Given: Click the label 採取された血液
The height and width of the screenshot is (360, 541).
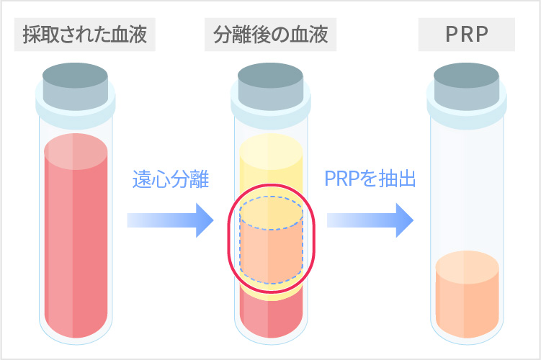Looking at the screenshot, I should [x=84, y=34].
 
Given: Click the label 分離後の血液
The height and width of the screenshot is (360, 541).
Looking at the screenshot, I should [x=269, y=34].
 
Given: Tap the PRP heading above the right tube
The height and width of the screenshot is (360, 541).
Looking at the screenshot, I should [x=467, y=34].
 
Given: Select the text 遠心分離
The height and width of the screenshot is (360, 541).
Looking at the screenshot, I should [x=171, y=179].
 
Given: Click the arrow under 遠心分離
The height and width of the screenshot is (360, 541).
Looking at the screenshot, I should [x=171, y=220].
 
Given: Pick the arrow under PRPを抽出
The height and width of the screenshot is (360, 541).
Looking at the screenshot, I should [x=369, y=220].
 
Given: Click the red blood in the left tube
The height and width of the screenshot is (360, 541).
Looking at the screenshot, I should [x=76, y=238].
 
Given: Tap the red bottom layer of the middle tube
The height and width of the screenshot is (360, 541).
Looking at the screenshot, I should [x=269, y=317].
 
